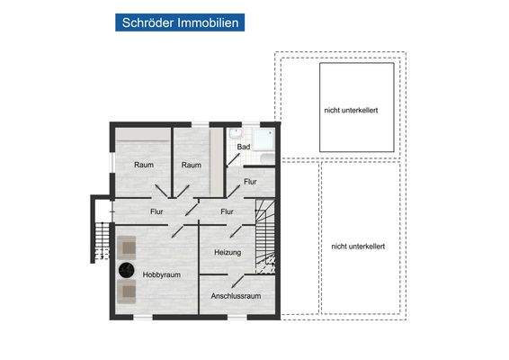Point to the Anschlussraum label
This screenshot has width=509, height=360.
236,296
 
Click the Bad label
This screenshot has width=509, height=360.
243,147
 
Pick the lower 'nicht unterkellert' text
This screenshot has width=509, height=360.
358,246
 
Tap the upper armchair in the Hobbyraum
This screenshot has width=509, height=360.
126,246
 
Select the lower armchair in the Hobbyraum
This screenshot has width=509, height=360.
126,290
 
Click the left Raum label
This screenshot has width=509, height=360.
144,165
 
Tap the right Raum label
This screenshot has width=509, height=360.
190,165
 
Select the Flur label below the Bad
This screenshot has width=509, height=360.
249,182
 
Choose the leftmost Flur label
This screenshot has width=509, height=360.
156,212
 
